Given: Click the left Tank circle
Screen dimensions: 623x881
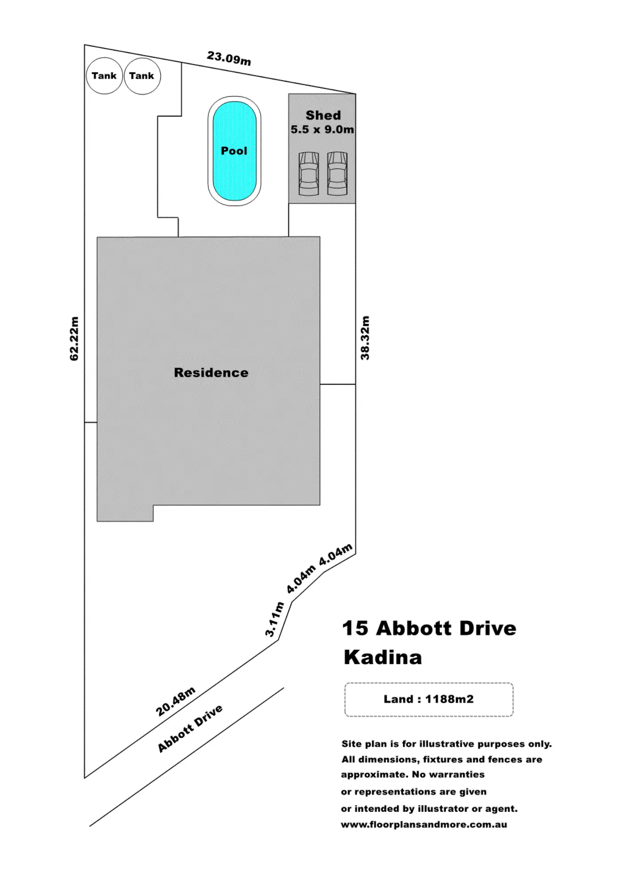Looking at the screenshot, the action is [104, 76].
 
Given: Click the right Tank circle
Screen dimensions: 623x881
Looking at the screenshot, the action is [142, 76].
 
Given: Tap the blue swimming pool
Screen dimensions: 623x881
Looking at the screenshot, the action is [234, 151].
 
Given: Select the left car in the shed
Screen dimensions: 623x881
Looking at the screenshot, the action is [309, 174].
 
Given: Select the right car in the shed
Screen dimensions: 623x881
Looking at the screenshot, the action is [337, 174].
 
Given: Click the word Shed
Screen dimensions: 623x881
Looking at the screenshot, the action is [323, 115].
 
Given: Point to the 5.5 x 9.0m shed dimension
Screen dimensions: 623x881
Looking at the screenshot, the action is [322, 130].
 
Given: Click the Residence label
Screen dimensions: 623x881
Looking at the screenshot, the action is [211, 373].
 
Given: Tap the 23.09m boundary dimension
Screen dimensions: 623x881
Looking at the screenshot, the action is [229, 58].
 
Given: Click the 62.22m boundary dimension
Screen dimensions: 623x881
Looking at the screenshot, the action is [74, 338].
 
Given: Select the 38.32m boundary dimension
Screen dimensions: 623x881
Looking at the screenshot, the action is [365, 337].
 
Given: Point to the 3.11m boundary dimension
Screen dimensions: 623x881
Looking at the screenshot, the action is [274, 619].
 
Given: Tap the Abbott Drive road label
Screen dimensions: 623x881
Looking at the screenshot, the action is [190, 728].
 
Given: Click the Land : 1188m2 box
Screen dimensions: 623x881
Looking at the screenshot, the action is [429, 699].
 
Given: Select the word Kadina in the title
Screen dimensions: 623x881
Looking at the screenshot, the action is [383, 657].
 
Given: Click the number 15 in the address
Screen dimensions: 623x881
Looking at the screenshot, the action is [355, 628].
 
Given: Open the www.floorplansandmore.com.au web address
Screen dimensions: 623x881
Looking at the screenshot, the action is [424, 825].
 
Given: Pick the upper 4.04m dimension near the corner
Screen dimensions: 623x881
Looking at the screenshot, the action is [336, 554].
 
